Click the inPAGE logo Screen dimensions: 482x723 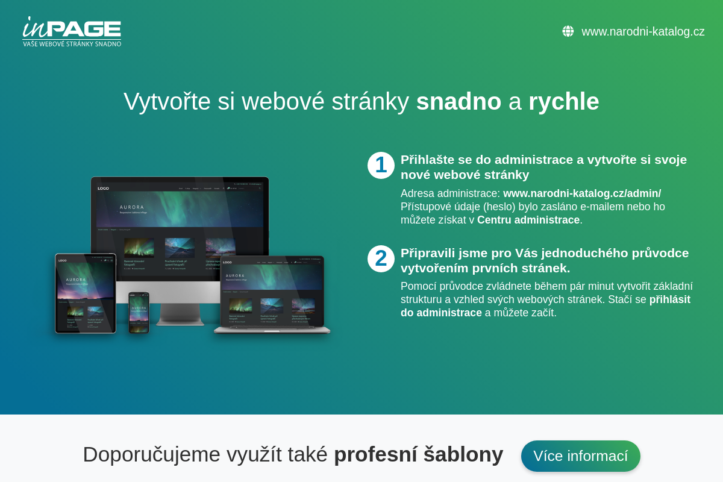click(x=72, y=28)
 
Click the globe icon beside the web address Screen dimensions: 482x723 click(x=568, y=31)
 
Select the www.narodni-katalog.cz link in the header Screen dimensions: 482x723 click(x=643, y=31)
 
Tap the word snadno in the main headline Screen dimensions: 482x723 click(x=459, y=101)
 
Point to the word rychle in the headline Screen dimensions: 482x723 click(x=563, y=101)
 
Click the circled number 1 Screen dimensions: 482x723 click(x=381, y=165)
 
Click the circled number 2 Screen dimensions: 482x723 click(x=381, y=258)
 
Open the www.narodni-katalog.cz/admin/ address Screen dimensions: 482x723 click(x=581, y=193)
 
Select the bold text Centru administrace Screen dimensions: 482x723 click(x=528, y=220)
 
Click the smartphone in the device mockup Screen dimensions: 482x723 click(x=139, y=312)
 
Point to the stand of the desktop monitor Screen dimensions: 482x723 click(x=180, y=313)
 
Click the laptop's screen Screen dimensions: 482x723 click(x=272, y=290)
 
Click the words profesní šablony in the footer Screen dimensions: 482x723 click(x=418, y=454)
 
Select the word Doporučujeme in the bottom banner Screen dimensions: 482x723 click(x=151, y=454)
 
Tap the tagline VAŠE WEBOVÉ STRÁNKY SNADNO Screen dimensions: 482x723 click(x=72, y=43)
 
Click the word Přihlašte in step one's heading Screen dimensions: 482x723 click(x=428, y=160)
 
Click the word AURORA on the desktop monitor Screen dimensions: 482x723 click(x=132, y=207)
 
